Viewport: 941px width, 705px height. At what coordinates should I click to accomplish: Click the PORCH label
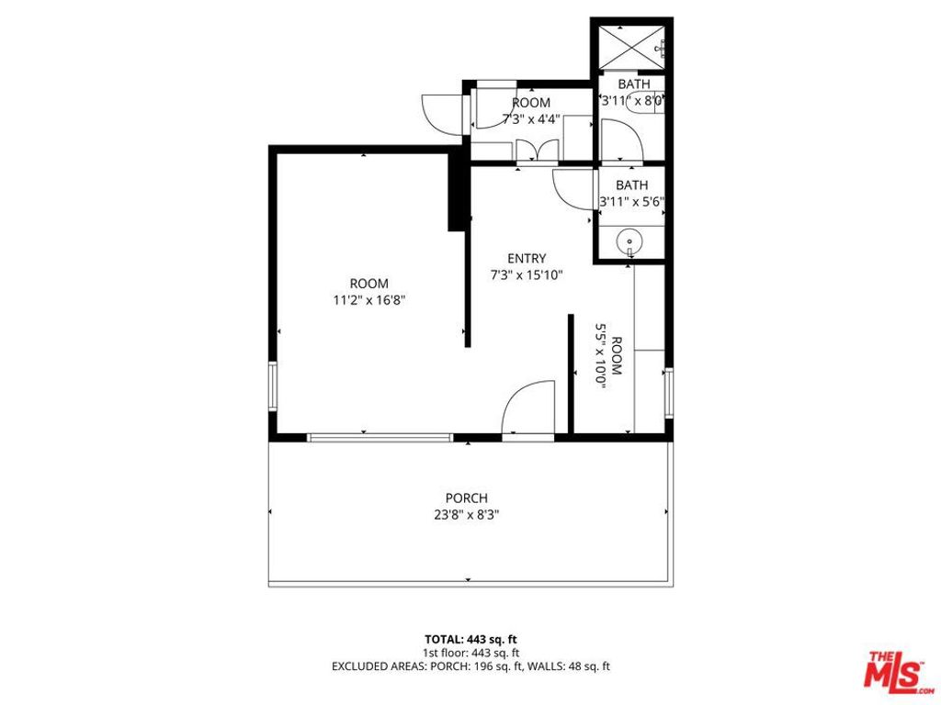[466, 498]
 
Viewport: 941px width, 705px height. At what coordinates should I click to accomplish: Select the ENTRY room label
[526, 259]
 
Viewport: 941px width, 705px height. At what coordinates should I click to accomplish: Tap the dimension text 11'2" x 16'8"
[368, 299]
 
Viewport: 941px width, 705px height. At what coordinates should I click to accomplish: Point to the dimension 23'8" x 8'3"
[466, 515]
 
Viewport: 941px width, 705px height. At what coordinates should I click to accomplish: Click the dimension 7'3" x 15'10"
[526, 274]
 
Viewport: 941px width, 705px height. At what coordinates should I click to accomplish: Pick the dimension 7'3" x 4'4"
[531, 118]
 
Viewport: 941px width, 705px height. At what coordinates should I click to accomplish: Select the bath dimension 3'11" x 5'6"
[631, 201]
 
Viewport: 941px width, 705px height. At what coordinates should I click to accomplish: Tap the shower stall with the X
[631, 45]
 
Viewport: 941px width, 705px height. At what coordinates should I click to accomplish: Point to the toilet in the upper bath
[643, 103]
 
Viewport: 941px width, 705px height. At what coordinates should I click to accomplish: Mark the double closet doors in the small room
[537, 152]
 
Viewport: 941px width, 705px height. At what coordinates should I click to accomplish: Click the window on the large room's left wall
[272, 386]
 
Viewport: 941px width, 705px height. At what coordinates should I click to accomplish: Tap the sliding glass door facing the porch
[380, 438]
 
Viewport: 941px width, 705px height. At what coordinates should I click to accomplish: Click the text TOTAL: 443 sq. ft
[470, 639]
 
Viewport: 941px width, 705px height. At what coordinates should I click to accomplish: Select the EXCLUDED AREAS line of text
[470, 666]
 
